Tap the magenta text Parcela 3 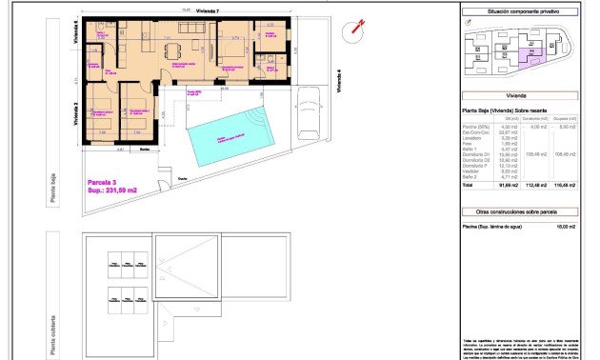pos(102,181)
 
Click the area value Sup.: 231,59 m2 pos(112,190)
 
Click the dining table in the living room pos(172,50)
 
